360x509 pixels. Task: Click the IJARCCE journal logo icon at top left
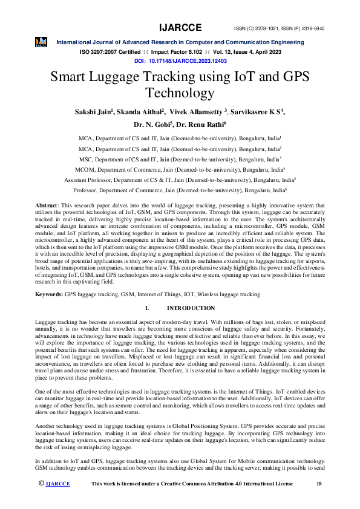pos(41,42)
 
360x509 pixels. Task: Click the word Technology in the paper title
pos(180,93)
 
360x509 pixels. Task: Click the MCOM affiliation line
pos(180,170)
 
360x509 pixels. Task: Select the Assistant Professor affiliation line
pos(180,180)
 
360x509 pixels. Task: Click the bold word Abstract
pos(47,206)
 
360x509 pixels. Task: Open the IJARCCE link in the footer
pos(58,484)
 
